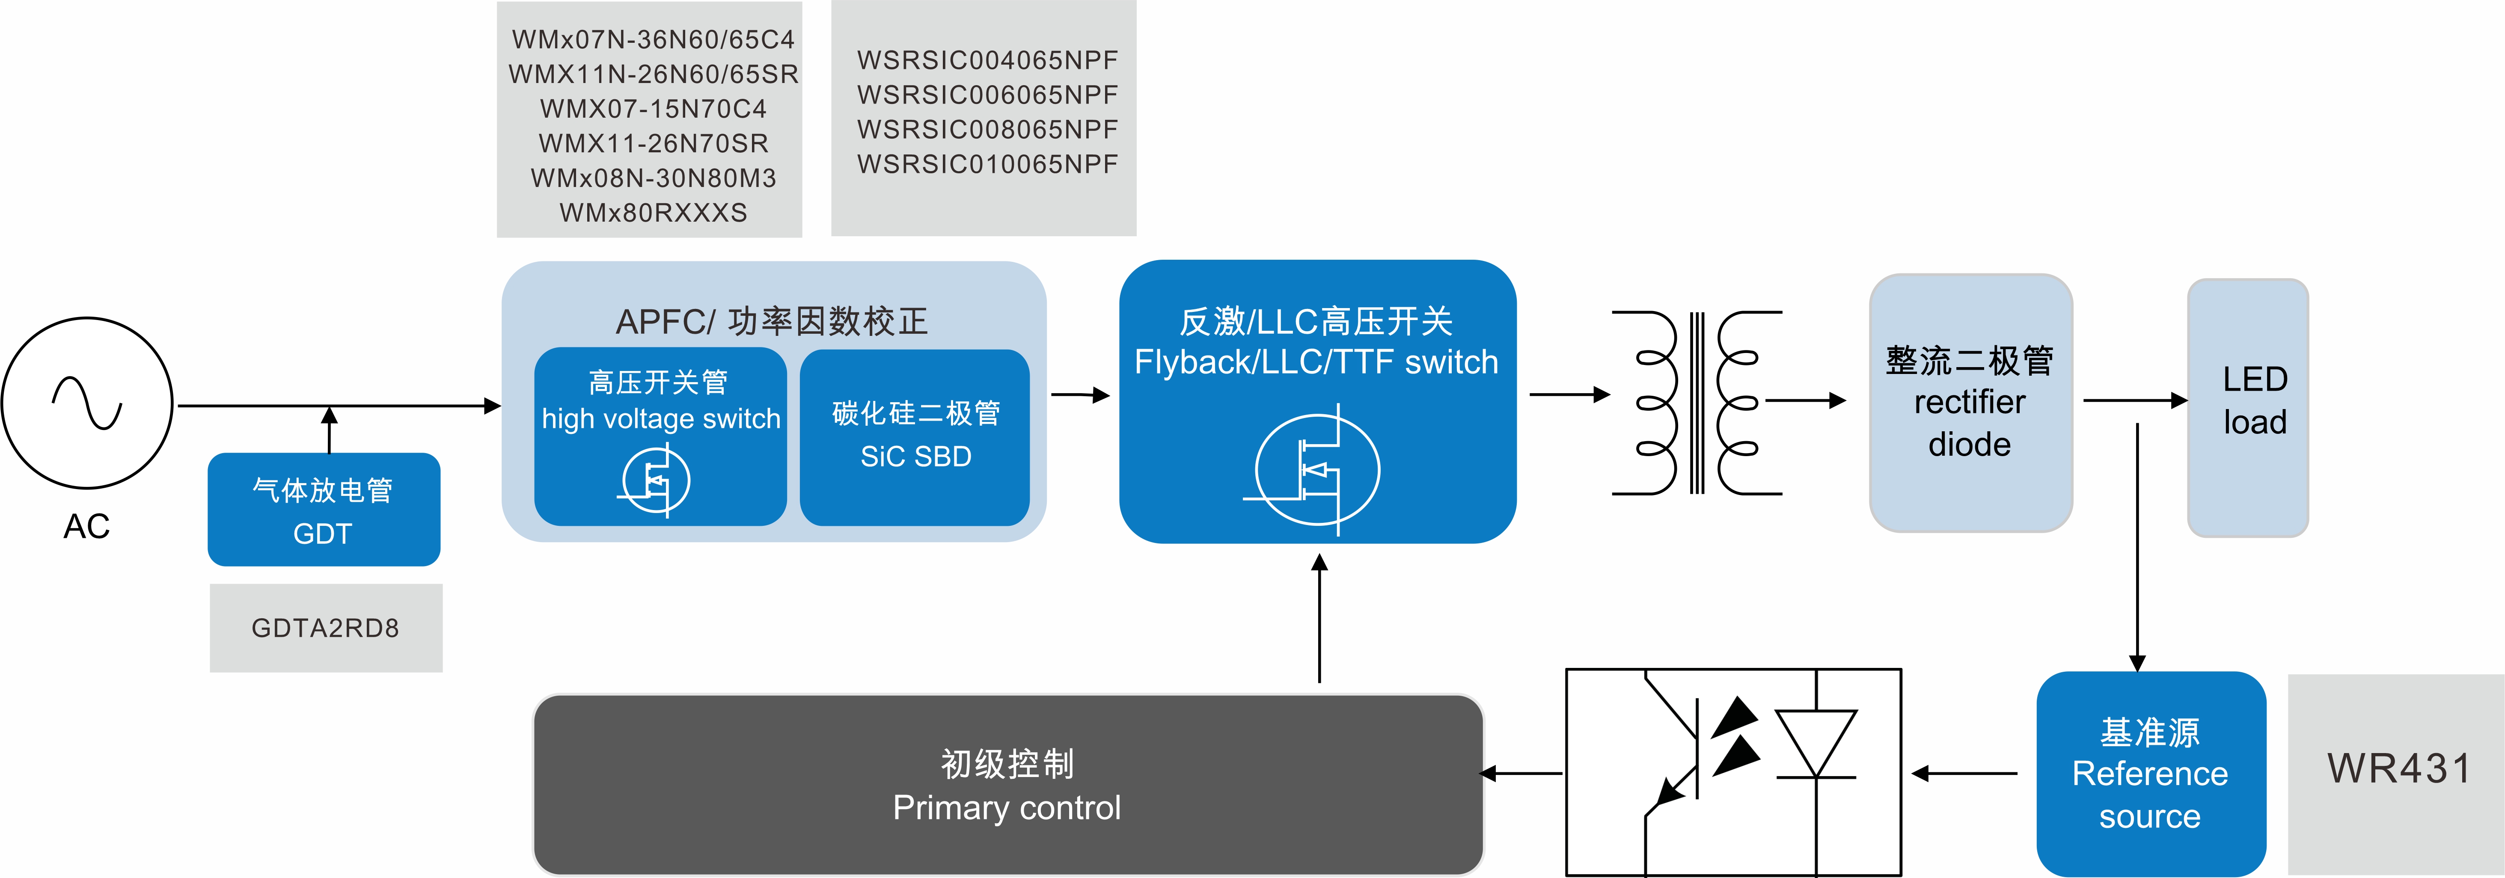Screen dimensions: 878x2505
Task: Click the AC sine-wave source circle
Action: (87, 403)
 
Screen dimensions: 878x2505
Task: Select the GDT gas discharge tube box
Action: (324, 510)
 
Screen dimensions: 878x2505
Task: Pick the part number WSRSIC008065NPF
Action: (987, 129)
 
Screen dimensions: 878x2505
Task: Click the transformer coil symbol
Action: (1697, 403)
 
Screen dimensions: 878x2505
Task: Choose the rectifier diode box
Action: (1970, 403)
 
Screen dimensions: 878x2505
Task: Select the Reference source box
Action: (2150, 774)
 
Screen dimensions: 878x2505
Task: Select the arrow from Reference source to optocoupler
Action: (1964, 774)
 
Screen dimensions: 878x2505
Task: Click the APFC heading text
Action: (772, 321)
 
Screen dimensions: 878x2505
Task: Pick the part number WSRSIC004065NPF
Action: (987, 60)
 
